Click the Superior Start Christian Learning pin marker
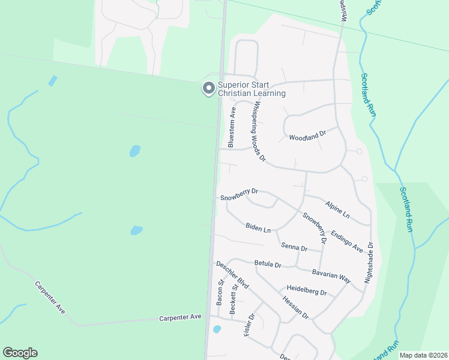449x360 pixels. (208, 88)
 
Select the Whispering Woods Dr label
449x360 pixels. (259, 133)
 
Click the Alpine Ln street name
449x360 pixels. (337, 209)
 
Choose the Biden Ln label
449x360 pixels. (258, 228)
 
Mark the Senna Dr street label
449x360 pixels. (294, 247)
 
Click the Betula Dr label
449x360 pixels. (268, 263)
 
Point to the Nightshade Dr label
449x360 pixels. (369, 263)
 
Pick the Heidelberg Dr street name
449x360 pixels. (306, 292)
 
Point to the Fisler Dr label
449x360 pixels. (251, 325)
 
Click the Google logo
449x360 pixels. (20, 353)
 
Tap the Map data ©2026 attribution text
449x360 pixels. (423, 355)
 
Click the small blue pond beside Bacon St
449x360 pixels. (217, 329)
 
